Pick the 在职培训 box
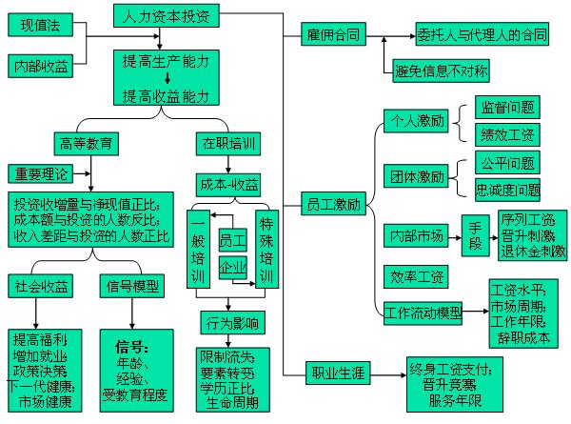coord(228,145)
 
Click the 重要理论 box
coord(41,175)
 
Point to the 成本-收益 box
coord(229,183)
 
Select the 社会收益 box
coord(42,286)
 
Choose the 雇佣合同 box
coord(333,35)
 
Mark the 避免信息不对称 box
coord(442,70)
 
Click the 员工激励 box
coord(333,204)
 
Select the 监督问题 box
coord(508,107)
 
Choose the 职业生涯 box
coord(338,373)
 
